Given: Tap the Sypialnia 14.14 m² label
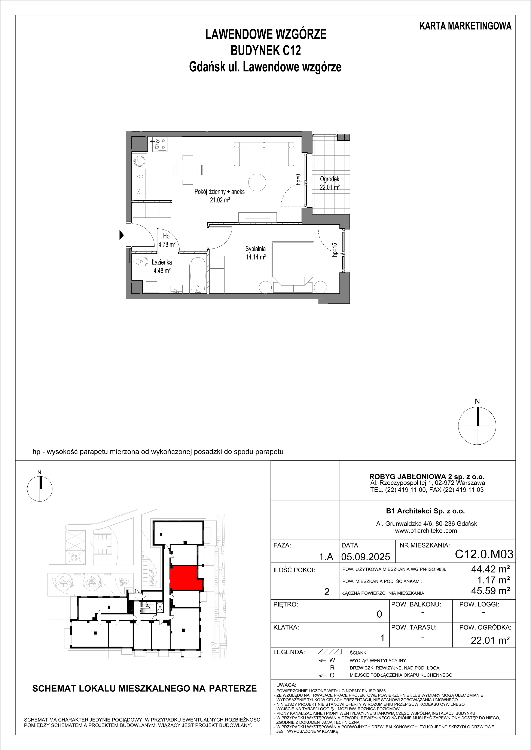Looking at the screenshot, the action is coord(256,253).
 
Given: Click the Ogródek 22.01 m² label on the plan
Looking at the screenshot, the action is coord(330,183).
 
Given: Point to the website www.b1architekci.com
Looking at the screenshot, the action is coord(426,531).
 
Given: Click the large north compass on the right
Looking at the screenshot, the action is coord(477,426).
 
